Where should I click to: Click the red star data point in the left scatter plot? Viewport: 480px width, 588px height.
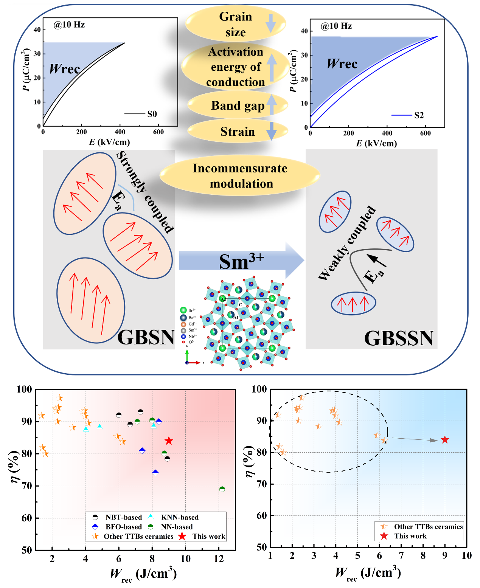169,441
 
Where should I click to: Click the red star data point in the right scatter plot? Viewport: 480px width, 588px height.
445,440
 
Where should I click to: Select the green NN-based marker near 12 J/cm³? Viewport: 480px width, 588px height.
222,489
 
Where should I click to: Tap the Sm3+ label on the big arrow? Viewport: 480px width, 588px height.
241,261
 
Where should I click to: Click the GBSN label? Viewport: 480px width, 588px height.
146,337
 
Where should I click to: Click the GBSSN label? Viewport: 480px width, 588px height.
399,338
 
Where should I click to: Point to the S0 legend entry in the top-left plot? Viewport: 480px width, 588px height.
152,114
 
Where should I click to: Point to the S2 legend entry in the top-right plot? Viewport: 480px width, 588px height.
419,115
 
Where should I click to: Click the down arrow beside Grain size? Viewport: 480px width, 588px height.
271,23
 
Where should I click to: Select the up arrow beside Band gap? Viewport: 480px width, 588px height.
271,104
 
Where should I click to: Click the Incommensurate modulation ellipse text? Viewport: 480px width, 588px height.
240,176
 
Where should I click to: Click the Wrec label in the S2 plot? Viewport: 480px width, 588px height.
342,64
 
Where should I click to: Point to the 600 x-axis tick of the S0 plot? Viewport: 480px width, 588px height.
158,132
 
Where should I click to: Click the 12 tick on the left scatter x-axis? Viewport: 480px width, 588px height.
219,559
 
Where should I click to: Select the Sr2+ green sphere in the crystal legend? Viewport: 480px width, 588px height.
183,310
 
